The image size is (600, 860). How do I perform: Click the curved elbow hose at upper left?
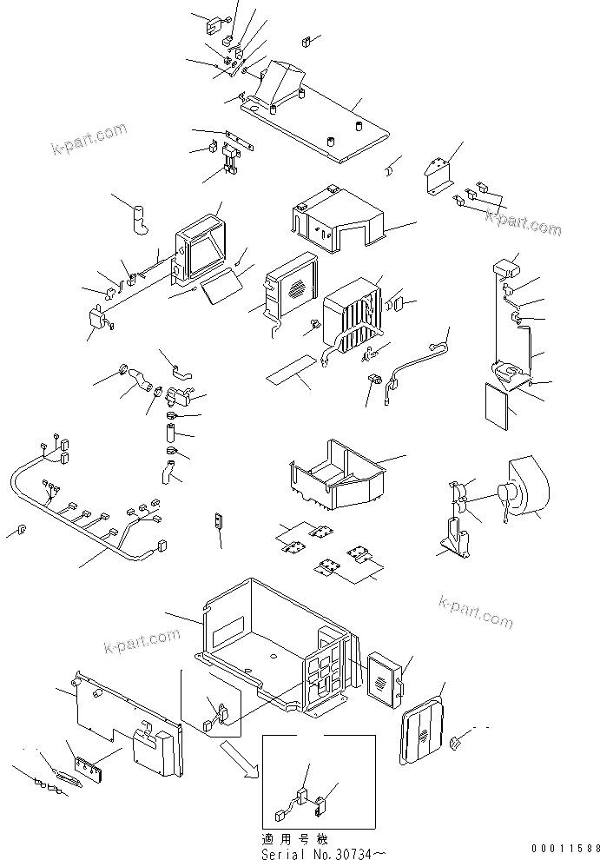point(139,219)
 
